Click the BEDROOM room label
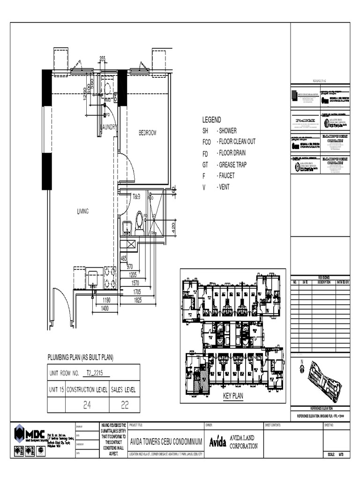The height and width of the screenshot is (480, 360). tap(147, 133)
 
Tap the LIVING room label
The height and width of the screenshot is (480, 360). tap(83, 211)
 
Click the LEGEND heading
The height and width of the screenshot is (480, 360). tap(211, 120)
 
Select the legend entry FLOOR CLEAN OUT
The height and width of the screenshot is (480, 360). tap(236, 142)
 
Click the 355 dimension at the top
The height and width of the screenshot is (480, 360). tap(102, 59)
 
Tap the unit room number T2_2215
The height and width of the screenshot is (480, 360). tap(97, 373)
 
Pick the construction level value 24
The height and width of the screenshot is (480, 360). tap(87, 405)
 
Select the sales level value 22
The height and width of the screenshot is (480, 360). tap(124, 405)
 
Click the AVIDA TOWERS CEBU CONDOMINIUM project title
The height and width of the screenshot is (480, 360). tap(165, 442)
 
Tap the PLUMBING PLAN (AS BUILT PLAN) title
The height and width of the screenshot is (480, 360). tap(81, 358)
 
